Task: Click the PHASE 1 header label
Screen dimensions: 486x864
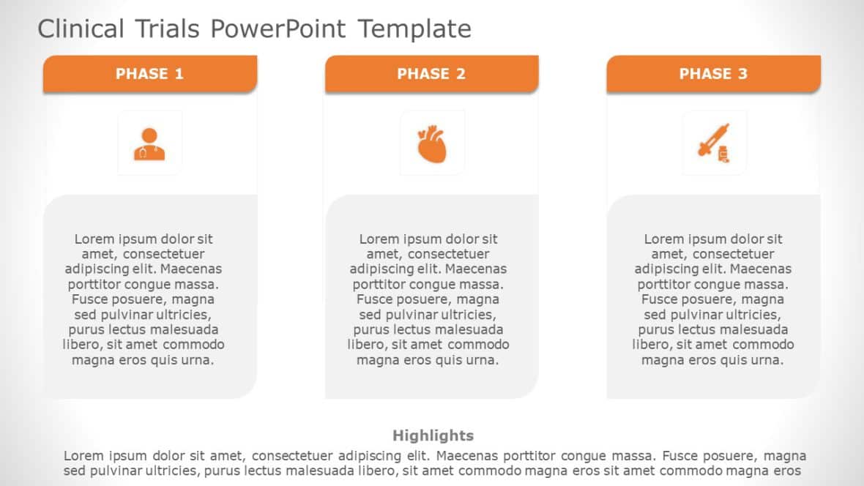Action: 149,74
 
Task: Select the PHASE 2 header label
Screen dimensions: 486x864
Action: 431,74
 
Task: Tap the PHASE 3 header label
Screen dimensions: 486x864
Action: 713,74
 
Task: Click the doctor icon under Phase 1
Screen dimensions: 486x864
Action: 149,144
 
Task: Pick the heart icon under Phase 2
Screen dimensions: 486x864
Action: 431,144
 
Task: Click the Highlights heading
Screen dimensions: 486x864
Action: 433,435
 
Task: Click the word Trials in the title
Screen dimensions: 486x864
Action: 166,29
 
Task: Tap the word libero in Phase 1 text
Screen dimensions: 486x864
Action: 82,345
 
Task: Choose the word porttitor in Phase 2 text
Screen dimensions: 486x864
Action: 379,285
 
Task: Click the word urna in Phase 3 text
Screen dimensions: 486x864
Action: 768,360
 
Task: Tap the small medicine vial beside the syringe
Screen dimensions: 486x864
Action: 723,154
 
